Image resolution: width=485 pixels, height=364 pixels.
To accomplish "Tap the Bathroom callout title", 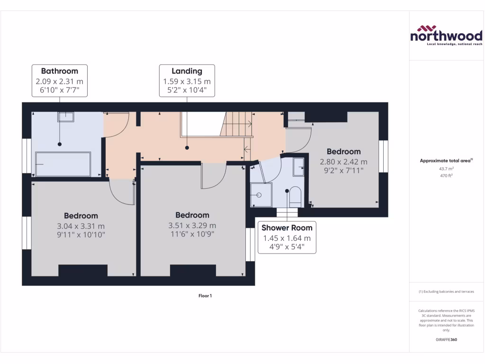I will (59, 71).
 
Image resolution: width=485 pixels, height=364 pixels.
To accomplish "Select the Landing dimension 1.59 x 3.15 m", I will (187, 82).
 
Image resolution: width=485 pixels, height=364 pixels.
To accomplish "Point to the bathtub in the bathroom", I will (63, 164).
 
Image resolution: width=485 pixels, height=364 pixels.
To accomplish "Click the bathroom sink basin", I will (66, 117).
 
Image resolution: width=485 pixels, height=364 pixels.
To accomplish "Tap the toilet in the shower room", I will (295, 196).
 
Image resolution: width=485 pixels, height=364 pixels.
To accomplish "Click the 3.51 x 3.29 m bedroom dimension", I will (192, 225).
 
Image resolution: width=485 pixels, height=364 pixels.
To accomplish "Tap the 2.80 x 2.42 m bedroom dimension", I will (343, 162).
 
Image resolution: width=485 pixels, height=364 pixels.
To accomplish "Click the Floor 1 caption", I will (205, 296).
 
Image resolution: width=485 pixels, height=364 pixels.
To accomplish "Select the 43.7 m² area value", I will (447, 169).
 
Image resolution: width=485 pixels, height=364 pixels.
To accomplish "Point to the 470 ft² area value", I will (447, 176).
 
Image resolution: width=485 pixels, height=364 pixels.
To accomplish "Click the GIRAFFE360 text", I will (446, 339).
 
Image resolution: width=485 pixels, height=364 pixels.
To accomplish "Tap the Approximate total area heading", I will (446, 161).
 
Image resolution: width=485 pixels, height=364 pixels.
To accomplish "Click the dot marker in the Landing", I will (187, 148).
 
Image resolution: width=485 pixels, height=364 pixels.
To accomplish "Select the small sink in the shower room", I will (298, 165).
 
